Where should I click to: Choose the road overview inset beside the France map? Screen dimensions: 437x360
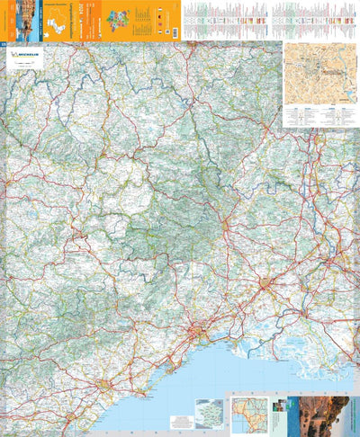253,415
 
